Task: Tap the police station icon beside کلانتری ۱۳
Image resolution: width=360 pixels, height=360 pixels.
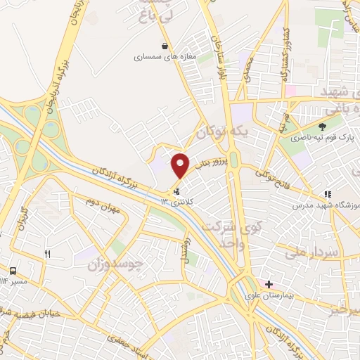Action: (x=176, y=190)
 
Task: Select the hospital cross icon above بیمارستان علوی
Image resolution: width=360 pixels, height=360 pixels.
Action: (x=269, y=283)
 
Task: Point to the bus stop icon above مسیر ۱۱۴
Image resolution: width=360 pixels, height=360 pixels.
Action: (x=13, y=271)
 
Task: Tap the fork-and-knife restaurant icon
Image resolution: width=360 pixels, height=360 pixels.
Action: (x=47, y=255)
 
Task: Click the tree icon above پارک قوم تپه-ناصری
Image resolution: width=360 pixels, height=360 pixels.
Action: (x=322, y=127)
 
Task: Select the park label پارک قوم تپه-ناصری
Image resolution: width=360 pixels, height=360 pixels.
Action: (x=321, y=139)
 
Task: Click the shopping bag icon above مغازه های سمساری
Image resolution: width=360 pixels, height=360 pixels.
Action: (x=164, y=46)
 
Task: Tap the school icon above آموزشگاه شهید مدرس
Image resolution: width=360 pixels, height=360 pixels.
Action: (x=327, y=194)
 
